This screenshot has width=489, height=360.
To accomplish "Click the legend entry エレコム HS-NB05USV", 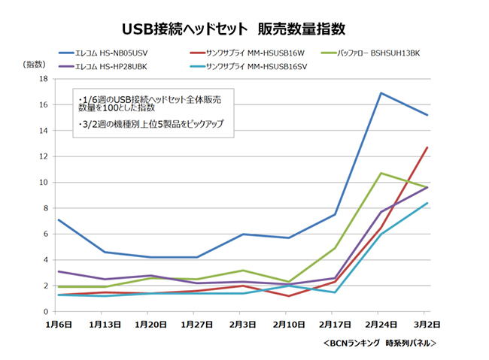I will point(113,53).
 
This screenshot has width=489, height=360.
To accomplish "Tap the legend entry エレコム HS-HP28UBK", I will point(113,65).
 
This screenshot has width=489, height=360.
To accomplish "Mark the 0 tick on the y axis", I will point(46,312).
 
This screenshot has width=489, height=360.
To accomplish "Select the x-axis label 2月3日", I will point(242,325).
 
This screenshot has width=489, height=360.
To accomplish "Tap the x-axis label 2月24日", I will point(381,325).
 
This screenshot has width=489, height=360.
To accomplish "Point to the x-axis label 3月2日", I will point(427,325).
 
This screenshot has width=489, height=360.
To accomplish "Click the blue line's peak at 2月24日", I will point(381,93).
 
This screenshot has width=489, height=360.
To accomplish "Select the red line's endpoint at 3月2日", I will point(427,147).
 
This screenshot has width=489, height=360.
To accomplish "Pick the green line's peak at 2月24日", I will point(381,173).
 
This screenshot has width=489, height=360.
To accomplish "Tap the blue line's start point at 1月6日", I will point(58,220).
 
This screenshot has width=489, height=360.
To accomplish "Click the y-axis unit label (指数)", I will point(35,65).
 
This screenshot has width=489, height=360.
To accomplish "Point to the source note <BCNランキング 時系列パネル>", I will point(379,343).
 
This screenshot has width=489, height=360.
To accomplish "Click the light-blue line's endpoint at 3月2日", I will point(427,203).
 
